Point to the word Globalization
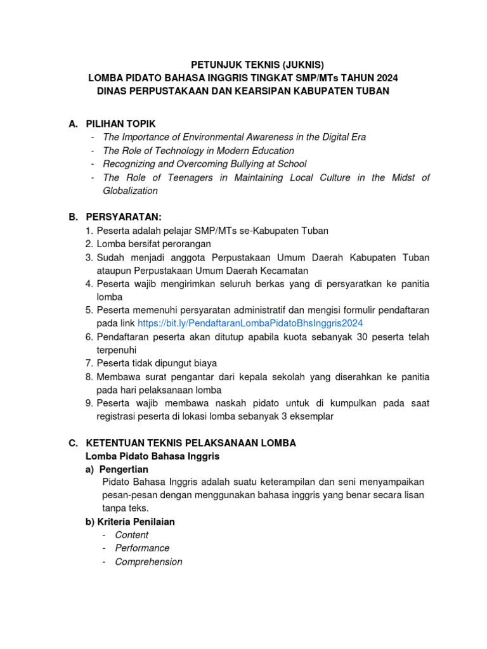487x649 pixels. [130, 191]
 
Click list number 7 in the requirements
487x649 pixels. [89, 363]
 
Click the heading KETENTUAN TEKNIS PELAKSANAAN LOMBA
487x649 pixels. [190, 443]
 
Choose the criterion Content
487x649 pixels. [132, 535]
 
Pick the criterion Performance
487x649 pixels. [142, 548]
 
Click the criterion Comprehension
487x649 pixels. [148, 562]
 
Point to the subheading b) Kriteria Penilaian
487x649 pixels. [130, 522]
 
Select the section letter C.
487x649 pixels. [73, 443]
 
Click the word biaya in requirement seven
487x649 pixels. [204, 363]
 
